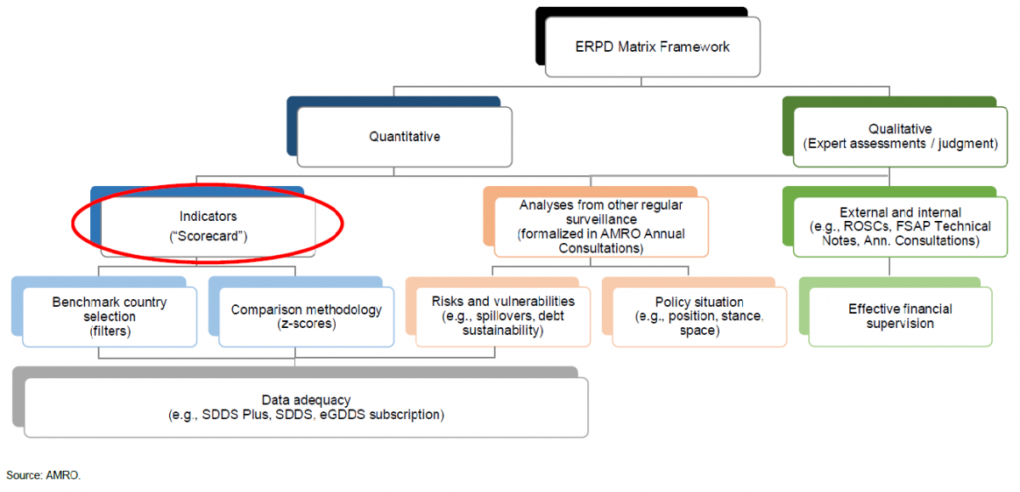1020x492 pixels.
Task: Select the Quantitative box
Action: pos(405,136)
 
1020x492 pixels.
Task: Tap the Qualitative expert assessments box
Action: pos(898,136)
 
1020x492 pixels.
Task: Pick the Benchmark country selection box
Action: pos(110,316)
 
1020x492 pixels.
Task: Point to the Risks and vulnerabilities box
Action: pos(503,316)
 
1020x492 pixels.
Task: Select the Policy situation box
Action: pos(699,316)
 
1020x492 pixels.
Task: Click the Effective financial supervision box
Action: pos(900,316)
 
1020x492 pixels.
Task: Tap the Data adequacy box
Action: pos(306,407)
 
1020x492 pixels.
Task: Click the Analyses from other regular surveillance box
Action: pos(601,226)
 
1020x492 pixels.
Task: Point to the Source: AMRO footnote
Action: pos(43,474)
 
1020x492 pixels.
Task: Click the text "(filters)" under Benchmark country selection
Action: pos(110,331)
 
